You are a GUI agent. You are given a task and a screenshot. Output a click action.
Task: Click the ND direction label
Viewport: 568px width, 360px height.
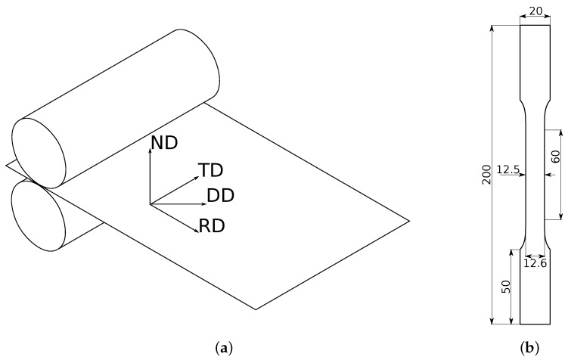(x=165, y=143)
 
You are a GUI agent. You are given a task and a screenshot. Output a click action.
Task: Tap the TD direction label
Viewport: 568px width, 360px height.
(x=212, y=170)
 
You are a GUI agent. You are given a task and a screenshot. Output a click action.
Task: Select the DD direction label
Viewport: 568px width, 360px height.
(x=220, y=195)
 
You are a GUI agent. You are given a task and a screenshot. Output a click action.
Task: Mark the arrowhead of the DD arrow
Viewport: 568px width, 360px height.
(x=202, y=204)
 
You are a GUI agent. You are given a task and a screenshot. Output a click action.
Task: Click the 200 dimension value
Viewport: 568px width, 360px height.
(x=486, y=175)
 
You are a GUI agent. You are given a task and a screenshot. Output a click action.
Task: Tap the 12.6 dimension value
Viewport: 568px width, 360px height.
(x=535, y=263)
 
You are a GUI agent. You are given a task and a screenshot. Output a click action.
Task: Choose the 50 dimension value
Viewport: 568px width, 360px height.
(x=506, y=287)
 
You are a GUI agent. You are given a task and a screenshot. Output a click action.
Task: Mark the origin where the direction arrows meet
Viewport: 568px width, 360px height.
(x=151, y=204)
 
